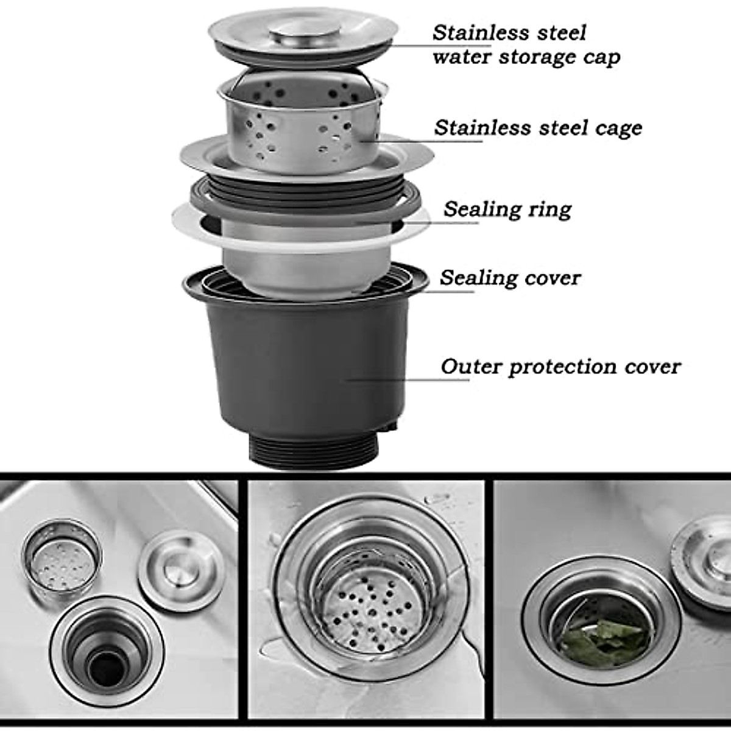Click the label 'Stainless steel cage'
click(x=538, y=128)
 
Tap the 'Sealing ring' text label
click(x=507, y=209)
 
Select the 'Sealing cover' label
click(x=510, y=278)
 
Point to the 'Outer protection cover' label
click(x=560, y=367)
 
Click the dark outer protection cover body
click(x=305, y=365)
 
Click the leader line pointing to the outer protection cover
click(x=408, y=379)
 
